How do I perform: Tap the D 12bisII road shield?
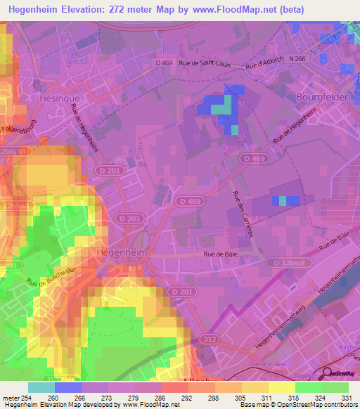coord(285,262)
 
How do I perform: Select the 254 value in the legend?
coord(27,398)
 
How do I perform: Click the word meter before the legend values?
coord(10,398)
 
